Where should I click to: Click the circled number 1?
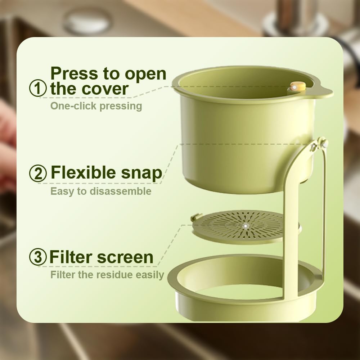[x=38, y=89]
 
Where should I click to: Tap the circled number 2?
[x=38, y=174]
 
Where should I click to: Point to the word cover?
[x=107, y=89]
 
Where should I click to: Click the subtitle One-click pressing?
[x=96, y=106]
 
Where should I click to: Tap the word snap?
[x=143, y=174]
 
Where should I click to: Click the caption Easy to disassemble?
[x=101, y=191]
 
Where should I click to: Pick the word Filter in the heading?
[x=70, y=257]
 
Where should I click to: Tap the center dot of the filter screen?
[x=245, y=226]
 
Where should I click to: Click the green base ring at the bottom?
[x=248, y=302]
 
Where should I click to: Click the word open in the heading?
[x=145, y=74]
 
